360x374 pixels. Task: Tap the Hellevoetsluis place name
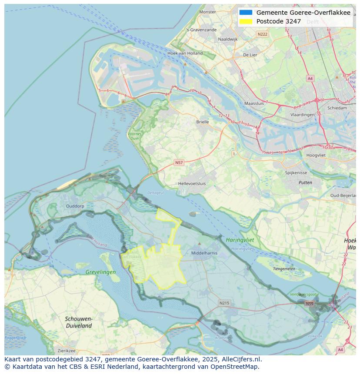(x=192, y=184)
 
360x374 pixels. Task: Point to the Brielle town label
(x=202, y=122)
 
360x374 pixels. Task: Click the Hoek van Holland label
(x=185, y=53)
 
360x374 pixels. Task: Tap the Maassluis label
(x=254, y=104)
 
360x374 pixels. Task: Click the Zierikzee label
(x=67, y=351)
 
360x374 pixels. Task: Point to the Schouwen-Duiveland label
(x=79, y=322)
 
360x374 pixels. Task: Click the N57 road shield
(x=179, y=162)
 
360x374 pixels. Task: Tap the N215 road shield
(x=224, y=303)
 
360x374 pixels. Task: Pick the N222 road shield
(x=262, y=34)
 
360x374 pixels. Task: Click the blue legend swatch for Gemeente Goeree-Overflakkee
(x=246, y=13)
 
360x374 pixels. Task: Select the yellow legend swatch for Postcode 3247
(x=246, y=21)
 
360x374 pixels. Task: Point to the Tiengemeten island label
(x=283, y=269)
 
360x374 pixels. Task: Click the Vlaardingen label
(x=302, y=115)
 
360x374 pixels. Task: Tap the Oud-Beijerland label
(x=343, y=195)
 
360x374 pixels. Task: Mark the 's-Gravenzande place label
(x=201, y=30)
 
